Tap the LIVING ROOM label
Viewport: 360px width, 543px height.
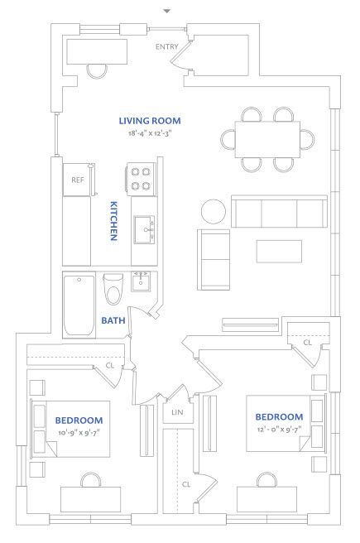[x=150, y=121]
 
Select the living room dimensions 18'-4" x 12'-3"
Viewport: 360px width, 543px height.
[x=150, y=133]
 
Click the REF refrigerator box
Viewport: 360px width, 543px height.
[x=78, y=179]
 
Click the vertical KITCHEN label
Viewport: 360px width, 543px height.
[x=114, y=221]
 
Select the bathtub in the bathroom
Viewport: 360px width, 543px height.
[x=79, y=305]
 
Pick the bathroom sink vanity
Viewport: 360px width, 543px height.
[x=139, y=284]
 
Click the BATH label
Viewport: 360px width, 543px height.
[x=113, y=320]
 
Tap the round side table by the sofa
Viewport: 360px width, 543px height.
[x=214, y=211]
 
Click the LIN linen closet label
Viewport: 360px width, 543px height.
[x=176, y=411]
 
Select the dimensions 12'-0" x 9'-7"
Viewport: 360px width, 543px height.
[x=278, y=430]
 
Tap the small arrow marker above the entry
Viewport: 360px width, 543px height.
[x=167, y=11]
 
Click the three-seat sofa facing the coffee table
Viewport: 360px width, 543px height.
[x=277, y=213]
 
